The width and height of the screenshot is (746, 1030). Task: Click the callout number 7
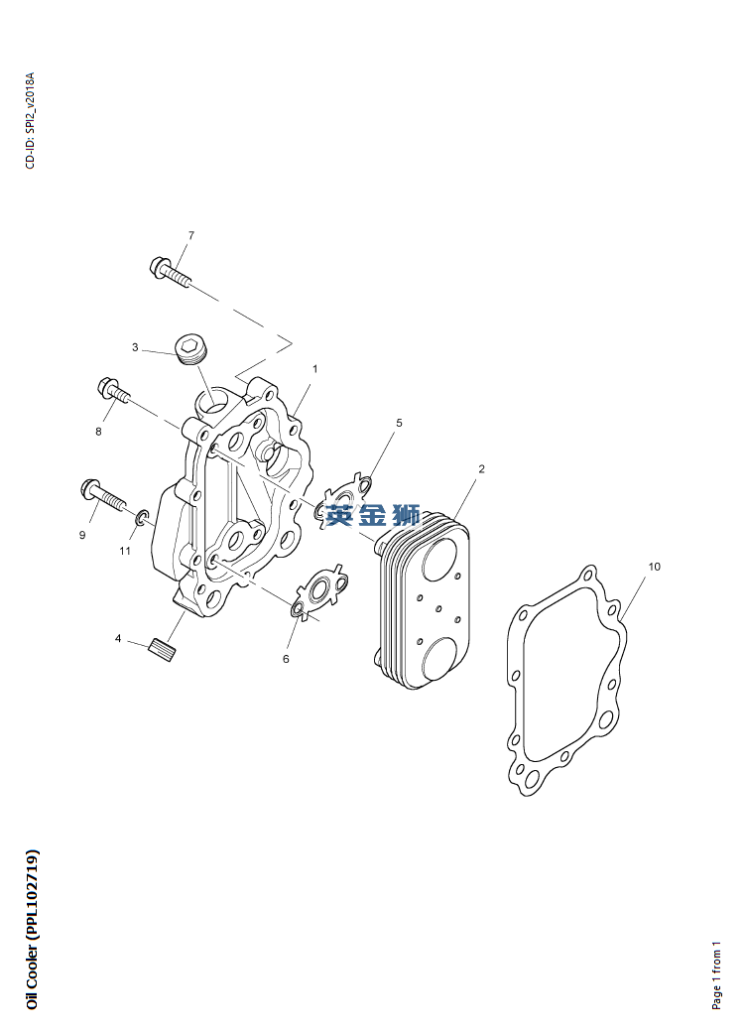tap(191, 235)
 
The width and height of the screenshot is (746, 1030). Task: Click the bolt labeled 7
tap(170, 273)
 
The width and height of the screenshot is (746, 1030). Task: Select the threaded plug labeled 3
tap(191, 348)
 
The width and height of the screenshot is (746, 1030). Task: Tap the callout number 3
tap(135, 347)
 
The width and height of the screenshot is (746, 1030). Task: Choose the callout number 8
tap(99, 432)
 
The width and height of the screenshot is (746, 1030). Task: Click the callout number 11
tap(125, 551)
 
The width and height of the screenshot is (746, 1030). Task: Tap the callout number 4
tap(118, 638)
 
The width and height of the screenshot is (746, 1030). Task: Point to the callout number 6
tap(286, 659)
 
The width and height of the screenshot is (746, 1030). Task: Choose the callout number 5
tap(399, 423)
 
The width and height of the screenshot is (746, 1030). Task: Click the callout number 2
tap(481, 469)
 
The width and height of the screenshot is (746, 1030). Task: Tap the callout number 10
tap(654, 567)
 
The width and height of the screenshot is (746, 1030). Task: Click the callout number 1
tap(314, 369)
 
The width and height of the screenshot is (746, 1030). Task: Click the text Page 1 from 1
tap(716, 975)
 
